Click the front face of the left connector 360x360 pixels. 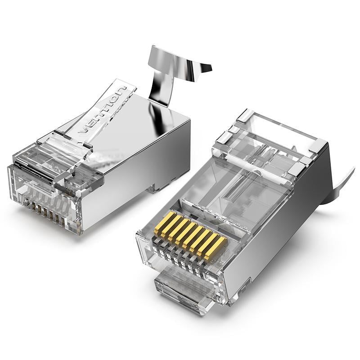point(43,198)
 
